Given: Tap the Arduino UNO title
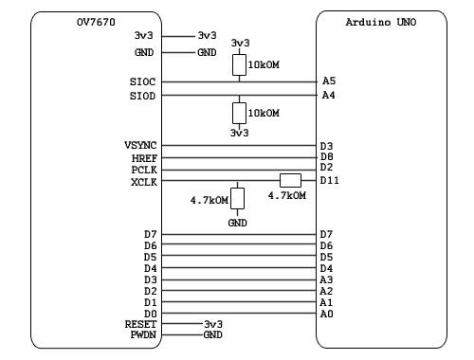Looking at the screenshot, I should pos(378,21).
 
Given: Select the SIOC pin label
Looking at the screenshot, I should pos(142,81).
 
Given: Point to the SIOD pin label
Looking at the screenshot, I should pos(142,96).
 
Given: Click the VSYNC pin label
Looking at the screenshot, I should pos(139,145).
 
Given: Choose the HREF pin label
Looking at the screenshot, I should pos(142,156).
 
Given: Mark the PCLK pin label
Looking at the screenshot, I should pos(142,168).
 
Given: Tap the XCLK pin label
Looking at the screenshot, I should pos(142,180).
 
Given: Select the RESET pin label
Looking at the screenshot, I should pos(139,324).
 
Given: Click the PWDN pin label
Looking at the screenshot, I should pos(142,335).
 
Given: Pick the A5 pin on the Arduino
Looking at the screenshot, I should pos(328,81).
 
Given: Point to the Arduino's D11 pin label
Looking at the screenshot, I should pos(330,180).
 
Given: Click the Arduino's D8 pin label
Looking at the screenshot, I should pos(327,156).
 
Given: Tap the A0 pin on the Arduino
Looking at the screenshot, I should pos(327,313).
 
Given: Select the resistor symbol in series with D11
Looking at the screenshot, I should pos(290,180).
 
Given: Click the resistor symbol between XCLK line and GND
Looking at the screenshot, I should pos(238,199).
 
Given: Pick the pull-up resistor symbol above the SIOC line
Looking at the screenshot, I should pos(240,64).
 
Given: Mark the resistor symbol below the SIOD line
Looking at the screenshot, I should pos(240,113).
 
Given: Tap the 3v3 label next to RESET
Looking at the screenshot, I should pos(213,324).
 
